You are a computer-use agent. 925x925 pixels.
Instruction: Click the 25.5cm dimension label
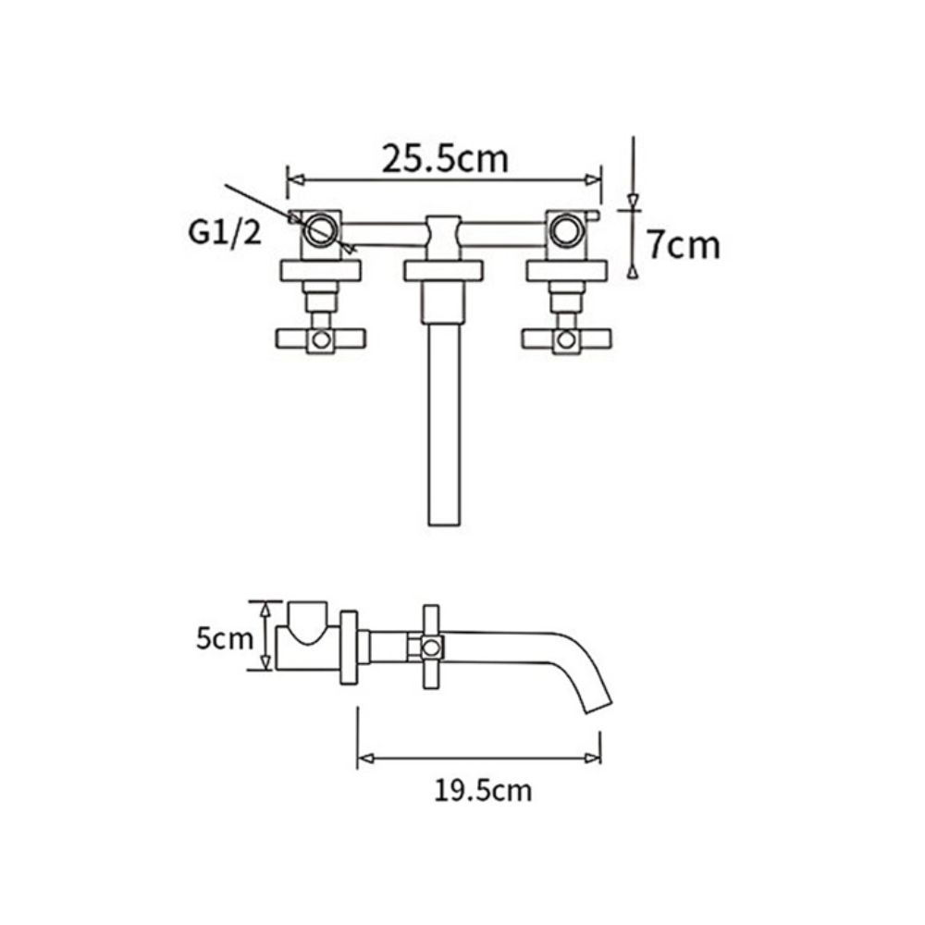446,159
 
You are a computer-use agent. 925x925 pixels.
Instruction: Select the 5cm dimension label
222,638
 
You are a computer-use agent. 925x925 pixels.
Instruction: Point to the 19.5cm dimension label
482,791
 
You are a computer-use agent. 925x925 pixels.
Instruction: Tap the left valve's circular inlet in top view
321,228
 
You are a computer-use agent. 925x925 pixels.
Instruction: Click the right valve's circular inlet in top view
564,228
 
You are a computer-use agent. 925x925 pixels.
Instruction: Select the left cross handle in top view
320,339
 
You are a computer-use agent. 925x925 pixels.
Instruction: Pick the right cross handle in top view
564,339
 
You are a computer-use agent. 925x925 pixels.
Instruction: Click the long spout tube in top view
443,425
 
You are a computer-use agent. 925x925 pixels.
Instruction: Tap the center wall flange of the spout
443,269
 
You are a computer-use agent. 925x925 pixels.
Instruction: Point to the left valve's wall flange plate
320,269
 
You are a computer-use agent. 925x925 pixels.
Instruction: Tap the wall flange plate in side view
350,647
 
